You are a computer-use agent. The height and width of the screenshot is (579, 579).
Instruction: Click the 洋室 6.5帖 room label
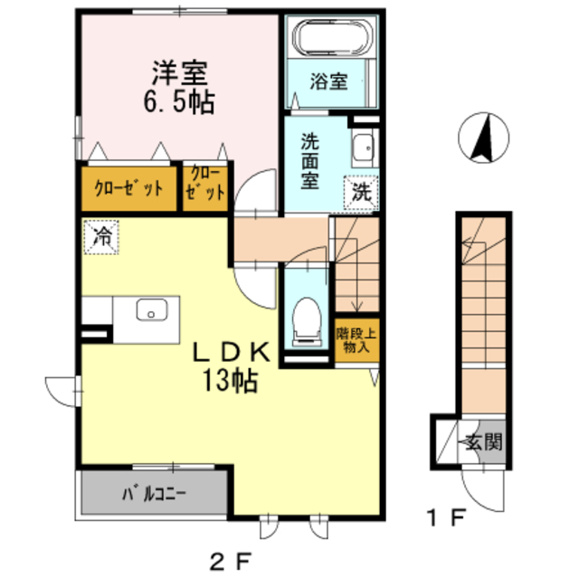coord(181,86)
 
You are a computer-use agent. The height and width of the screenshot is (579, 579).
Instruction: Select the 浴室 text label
coord(329,81)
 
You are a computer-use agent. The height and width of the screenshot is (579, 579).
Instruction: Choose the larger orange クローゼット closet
coord(129,188)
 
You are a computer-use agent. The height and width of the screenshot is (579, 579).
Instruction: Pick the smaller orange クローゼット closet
coord(205,185)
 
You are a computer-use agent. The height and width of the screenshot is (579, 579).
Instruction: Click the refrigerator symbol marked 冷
coord(102,238)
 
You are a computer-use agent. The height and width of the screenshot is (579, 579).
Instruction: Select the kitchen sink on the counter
coord(151,310)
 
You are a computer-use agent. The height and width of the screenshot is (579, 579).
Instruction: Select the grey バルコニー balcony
coord(153,495)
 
